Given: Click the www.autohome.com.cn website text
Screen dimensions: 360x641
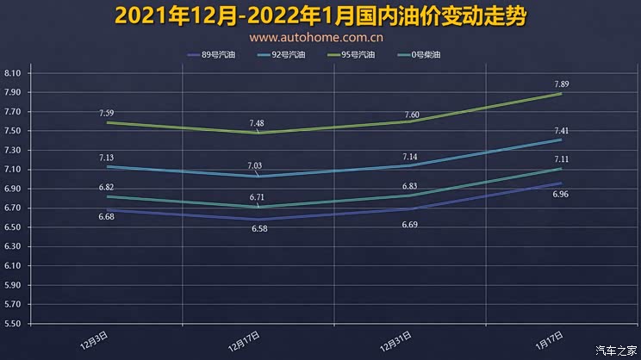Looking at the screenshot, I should pos(316,38).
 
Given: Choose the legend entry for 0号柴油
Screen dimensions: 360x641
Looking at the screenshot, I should pos(426,55).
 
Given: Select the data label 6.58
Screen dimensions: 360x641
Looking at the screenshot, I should pos(259,229).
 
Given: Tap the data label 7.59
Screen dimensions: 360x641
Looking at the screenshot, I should pos(107,113).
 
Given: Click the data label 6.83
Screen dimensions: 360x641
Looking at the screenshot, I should pos(411,186).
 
